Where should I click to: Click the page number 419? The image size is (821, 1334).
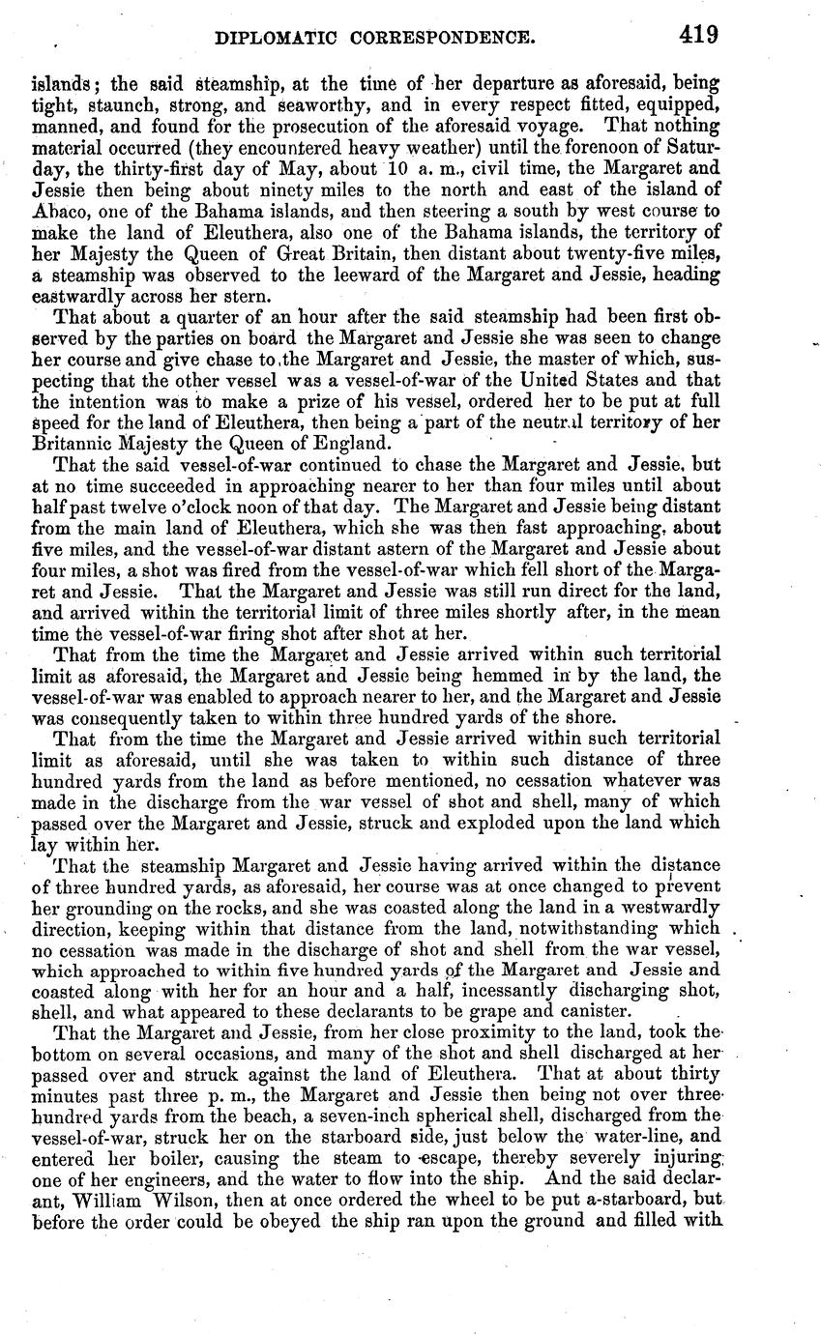698,36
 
